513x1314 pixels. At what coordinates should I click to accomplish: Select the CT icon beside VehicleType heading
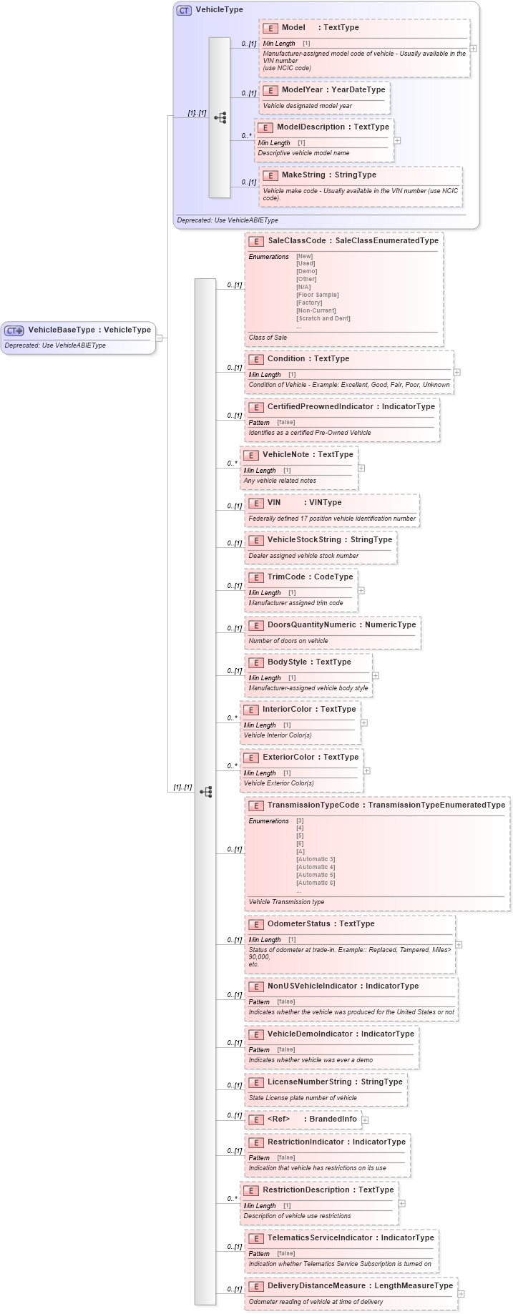click(x=184, y=10)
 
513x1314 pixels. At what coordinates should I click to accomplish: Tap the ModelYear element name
click(x=302, y=90)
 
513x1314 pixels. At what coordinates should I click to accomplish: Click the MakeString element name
click(x=303, y=175)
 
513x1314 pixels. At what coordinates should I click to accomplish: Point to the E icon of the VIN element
click(x=255, y=503)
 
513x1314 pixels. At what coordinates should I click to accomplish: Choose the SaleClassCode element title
click(x=297, y=241)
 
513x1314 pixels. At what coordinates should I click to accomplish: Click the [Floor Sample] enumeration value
click(x=317, y=295)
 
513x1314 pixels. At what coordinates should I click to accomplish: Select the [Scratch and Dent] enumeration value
click(x=323, y=318)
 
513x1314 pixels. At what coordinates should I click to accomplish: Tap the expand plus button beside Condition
click(x=456, y=372)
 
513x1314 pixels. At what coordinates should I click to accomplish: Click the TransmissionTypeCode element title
click(x=313, y=805)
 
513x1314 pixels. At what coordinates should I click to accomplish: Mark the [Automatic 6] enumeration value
click(x=316, y=883)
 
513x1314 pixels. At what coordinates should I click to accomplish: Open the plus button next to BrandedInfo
click(x=365, y=1119)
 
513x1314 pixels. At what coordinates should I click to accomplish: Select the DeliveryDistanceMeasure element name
click(x=316, y=1286)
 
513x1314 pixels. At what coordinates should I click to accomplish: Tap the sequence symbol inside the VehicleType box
click(x=220, y=117)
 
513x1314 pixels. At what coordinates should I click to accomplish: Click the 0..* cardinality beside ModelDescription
click(x=246, y=135)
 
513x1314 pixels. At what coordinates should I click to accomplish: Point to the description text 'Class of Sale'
click(x=268, y=338)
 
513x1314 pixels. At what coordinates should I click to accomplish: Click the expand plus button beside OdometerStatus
click(x=459, y=944)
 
